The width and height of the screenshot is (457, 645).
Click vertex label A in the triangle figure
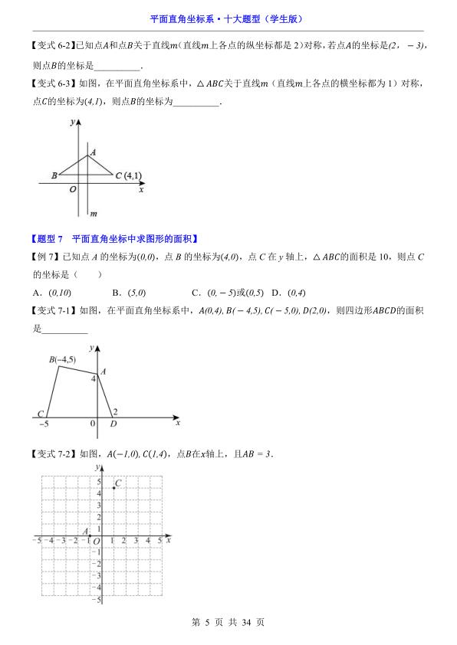tap(93, 152)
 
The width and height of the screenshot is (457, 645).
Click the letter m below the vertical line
tap(93, 214)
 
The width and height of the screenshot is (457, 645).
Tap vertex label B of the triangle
tap(54, 175)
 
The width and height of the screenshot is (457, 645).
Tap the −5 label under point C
tap(44, 424)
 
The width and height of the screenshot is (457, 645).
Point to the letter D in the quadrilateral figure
tap(113, 424)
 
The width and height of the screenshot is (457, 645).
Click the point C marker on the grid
tap(113, 487)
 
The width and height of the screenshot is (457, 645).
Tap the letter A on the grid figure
tap(86, 531)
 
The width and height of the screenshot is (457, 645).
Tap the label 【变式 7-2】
tap(53, 453)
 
